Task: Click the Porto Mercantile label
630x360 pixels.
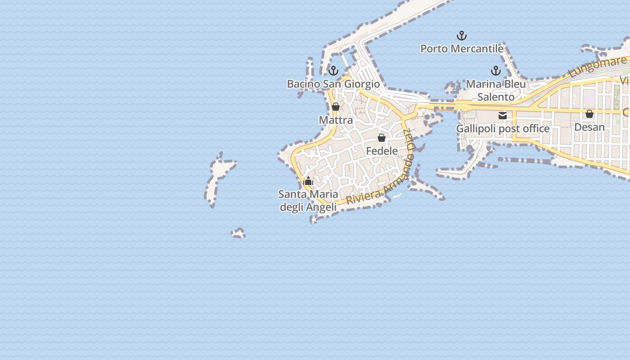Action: (461, 49)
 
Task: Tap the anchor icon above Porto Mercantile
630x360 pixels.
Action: (461, 35)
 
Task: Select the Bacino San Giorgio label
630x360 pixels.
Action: (333, 84)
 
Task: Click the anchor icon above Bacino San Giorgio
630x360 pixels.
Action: (333, 71)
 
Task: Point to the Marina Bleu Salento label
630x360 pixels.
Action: (495, 90)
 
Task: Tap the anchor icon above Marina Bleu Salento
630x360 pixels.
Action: (495, 71)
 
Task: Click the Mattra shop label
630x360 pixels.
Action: (336, 120)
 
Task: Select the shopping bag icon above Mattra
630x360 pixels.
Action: (336, 107)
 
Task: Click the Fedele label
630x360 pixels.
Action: (382, 151)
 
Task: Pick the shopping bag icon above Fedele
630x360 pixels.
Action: (382, 138)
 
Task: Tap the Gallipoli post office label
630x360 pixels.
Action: (503, 129)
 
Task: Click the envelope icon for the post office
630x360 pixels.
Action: (503, 116)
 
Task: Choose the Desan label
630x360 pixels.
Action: (589, 127)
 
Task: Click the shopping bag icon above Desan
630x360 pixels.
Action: (589, 114)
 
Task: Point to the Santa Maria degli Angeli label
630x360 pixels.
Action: (308, 201)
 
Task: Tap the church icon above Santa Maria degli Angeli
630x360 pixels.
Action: (308, 182)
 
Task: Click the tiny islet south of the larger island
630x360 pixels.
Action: (238, 233)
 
